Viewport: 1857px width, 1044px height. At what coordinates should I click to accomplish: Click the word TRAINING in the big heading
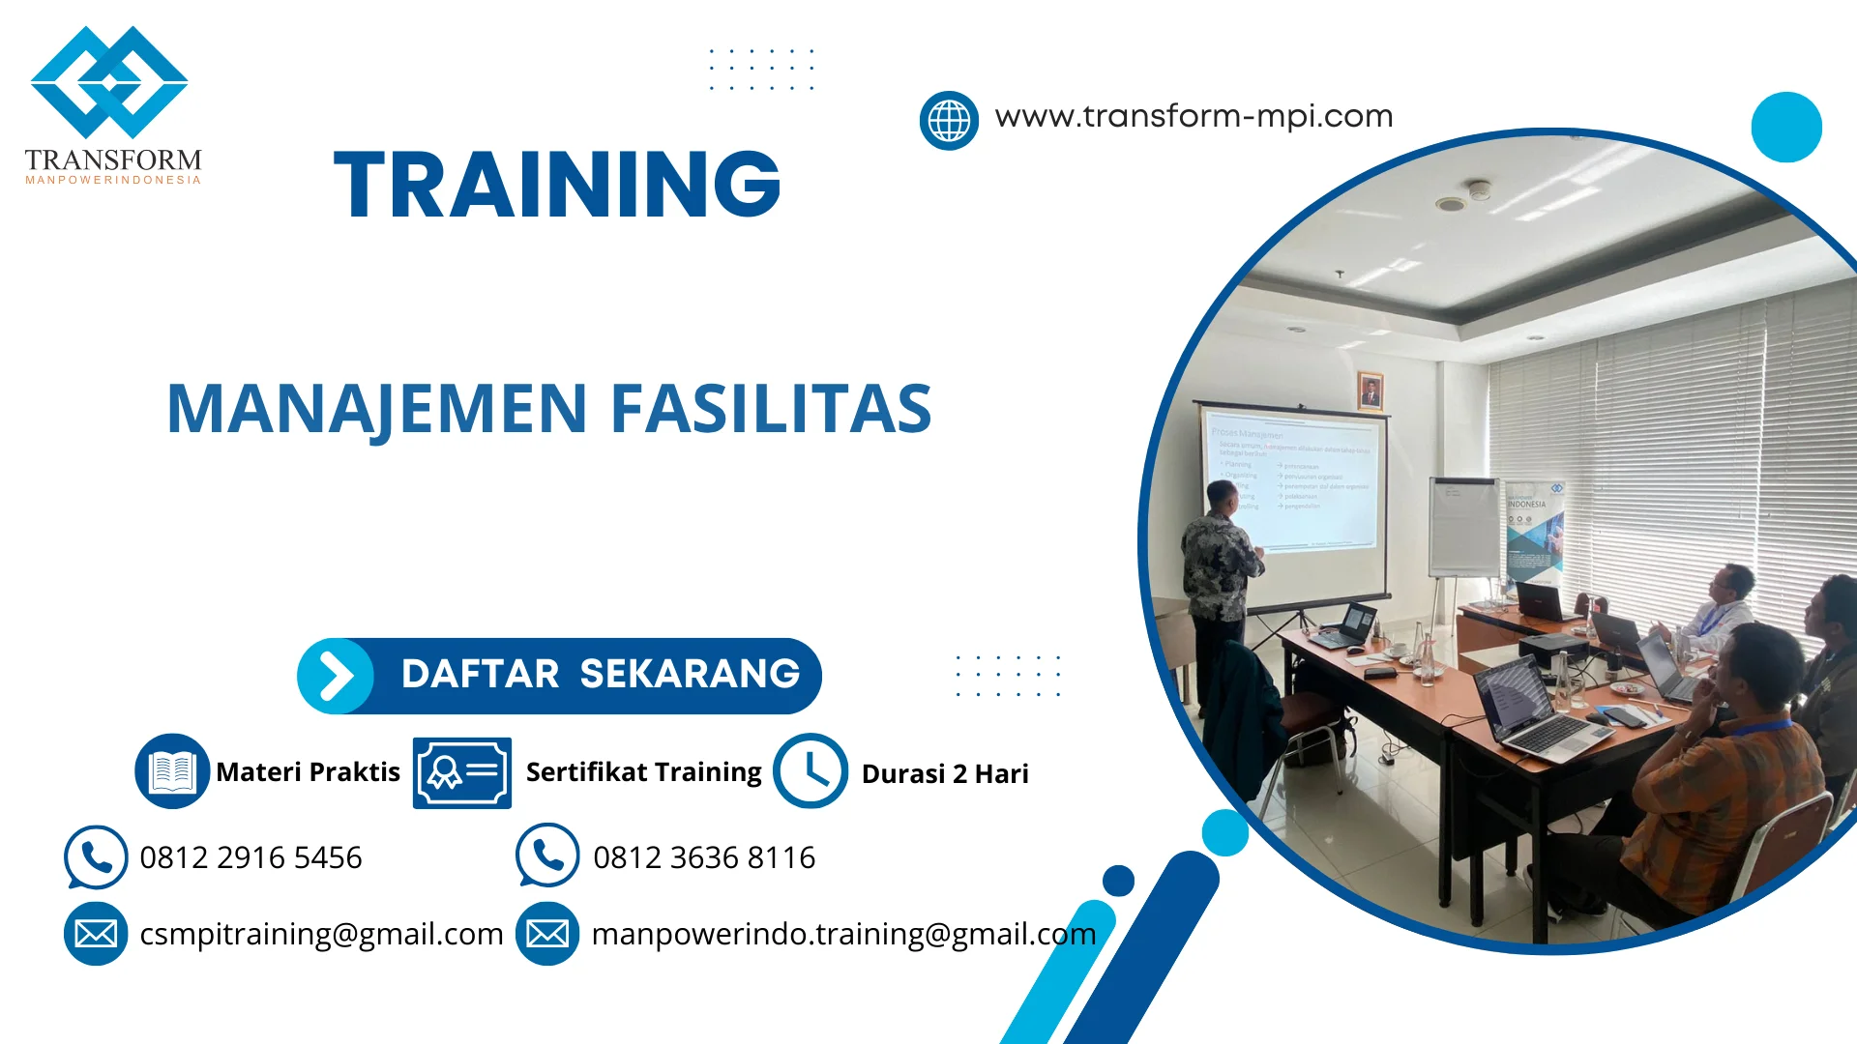[x=557, y=184]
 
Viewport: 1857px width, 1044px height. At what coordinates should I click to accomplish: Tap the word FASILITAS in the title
[x=771, y=408]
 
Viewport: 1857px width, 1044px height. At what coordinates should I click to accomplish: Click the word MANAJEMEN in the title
[x=377, y=408]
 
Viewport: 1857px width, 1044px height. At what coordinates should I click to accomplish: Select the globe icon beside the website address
[x=949, y=121]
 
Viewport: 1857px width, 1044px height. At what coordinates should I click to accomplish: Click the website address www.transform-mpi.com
[x=1194, y=116]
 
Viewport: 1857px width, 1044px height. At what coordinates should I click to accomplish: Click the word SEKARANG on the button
[x=690, y=674]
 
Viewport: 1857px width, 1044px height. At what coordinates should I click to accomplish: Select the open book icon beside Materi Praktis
[x=172, y=770]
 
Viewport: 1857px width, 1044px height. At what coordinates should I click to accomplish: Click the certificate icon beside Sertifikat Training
[x=462, y=772]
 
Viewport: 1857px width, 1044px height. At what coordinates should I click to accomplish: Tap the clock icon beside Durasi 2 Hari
[x=811, y=770]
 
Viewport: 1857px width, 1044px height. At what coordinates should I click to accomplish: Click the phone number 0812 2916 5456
[x=251, y=857]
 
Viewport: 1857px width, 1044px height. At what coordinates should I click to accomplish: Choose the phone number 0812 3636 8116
[x=704, y=857]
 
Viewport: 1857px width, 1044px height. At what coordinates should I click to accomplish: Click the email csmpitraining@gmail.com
[x=321, y=934]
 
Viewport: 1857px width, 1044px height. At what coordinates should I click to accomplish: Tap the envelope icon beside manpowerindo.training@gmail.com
[x=547, y=934]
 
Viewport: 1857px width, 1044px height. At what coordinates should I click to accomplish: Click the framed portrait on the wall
[x=1370, y=391]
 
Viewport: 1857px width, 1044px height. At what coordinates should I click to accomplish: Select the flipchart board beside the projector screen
[x=1463, y=527]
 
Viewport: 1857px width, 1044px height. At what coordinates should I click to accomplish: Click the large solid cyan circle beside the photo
[x=1786, y=127]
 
